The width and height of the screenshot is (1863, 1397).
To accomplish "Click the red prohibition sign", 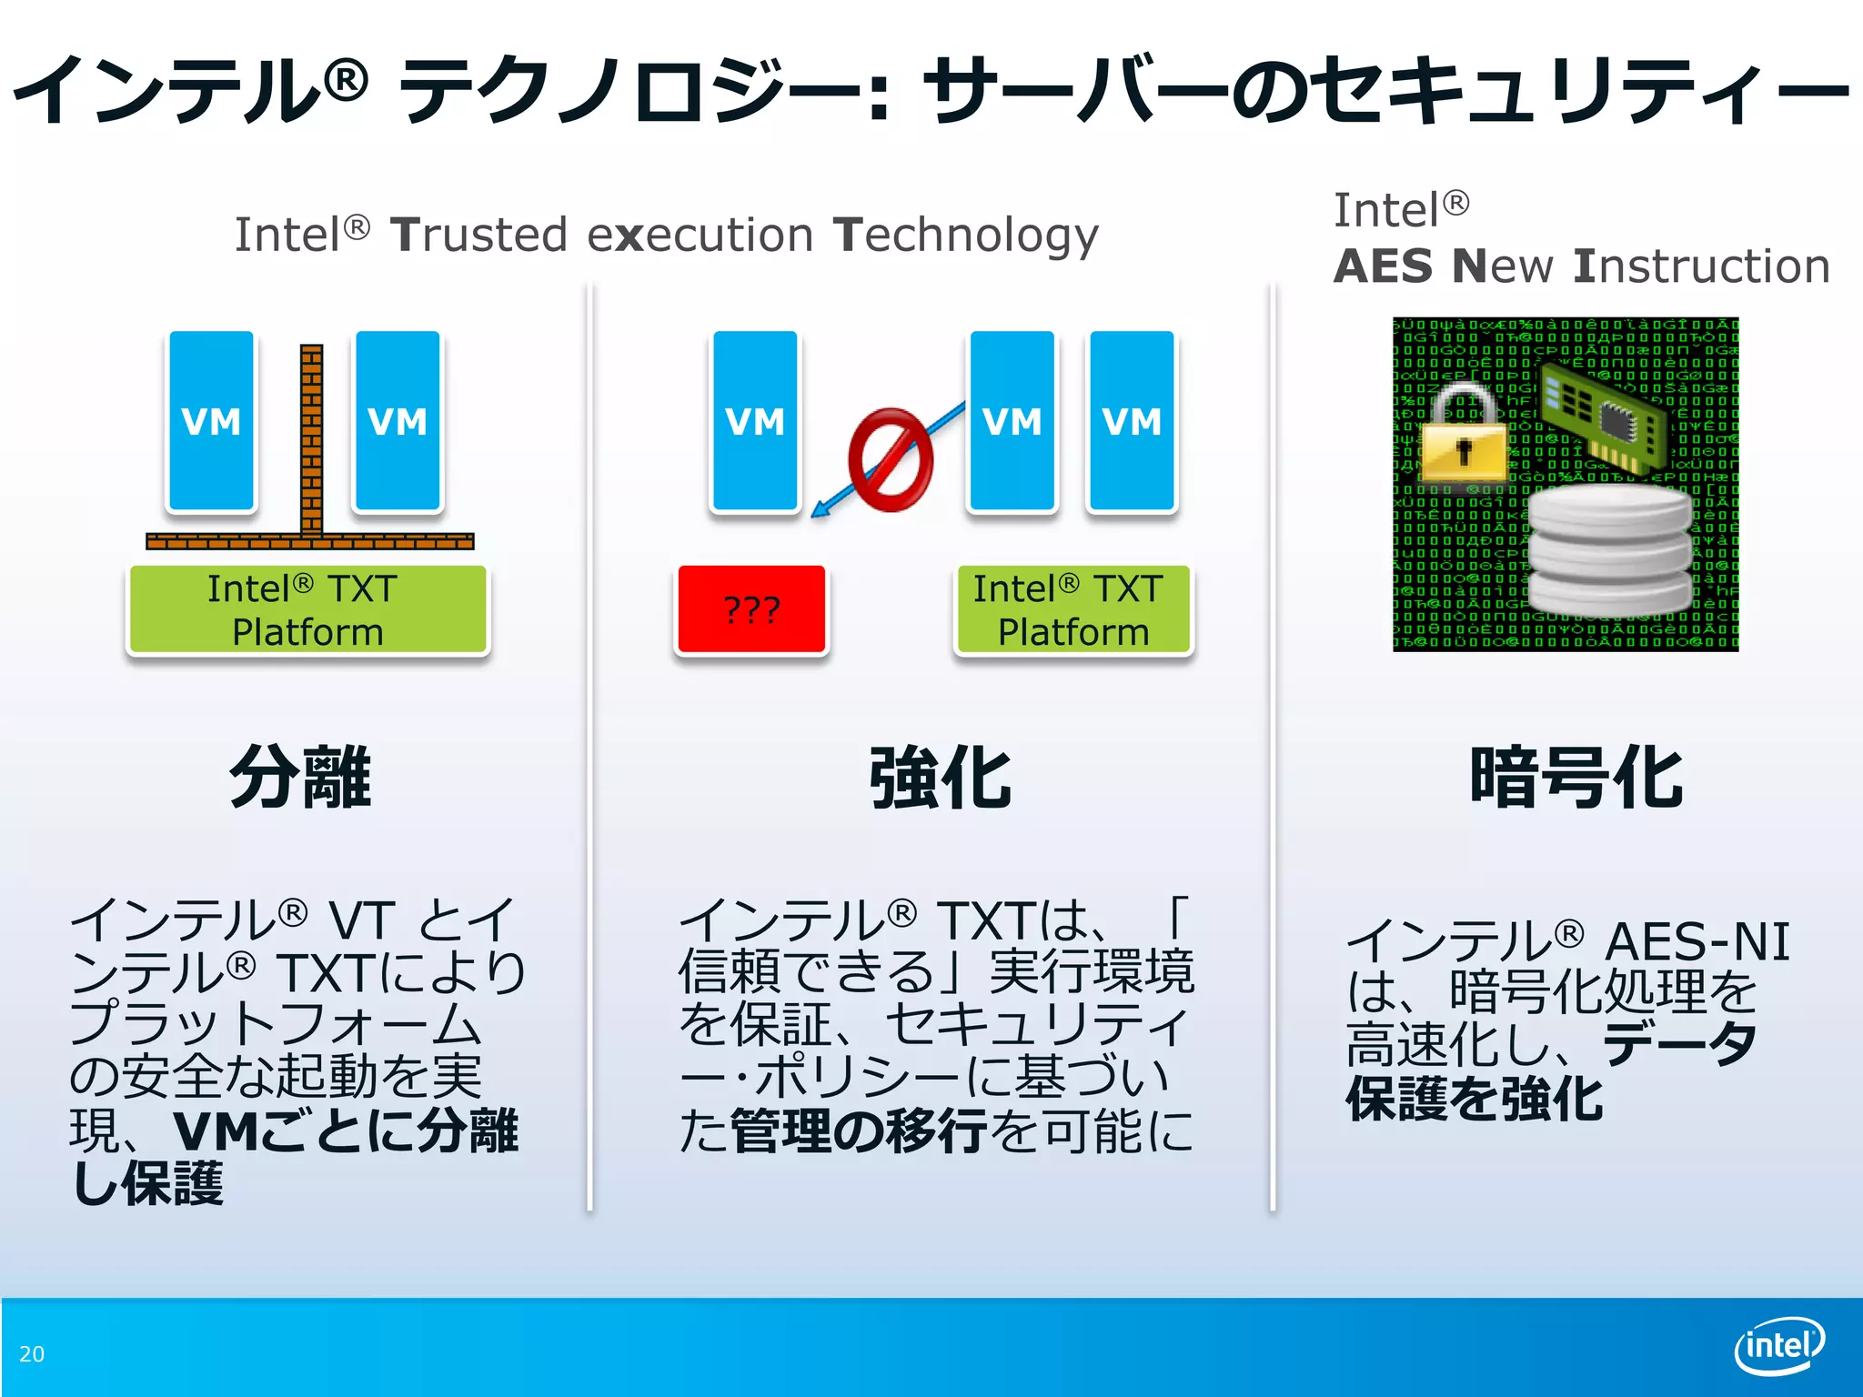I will click(890, 459).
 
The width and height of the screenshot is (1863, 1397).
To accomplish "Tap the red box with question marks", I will click(751, 608).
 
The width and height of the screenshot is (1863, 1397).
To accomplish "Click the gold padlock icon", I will click(1463, 437).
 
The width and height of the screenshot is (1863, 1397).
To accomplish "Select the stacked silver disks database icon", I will click(1608, 551).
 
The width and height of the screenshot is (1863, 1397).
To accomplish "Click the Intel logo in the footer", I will click(1778, 1344).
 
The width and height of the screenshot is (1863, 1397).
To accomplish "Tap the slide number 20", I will click(32, 1354).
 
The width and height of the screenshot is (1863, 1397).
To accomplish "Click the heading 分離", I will click(300, 777).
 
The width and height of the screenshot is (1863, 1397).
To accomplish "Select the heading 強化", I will click(940, 779).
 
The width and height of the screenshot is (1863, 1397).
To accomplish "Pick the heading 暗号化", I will click(1576, 777).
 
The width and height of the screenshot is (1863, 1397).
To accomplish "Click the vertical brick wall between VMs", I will click(311, 437).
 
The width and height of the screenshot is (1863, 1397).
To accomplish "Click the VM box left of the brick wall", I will click(211, 421).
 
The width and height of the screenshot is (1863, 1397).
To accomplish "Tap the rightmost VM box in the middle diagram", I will click(1132, 421).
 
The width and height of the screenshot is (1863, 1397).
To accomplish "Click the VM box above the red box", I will click(755, 421).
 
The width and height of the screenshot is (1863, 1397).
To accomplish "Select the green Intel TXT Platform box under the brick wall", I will click(307, 609).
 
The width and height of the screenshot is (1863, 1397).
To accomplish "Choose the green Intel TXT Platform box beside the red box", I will click(1072, 609).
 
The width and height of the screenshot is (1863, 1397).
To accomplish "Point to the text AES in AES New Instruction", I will click(1383, 266).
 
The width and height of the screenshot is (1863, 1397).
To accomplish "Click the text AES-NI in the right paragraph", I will click(1697, 941).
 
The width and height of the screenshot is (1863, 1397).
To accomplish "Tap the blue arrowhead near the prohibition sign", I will click(819, 510).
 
